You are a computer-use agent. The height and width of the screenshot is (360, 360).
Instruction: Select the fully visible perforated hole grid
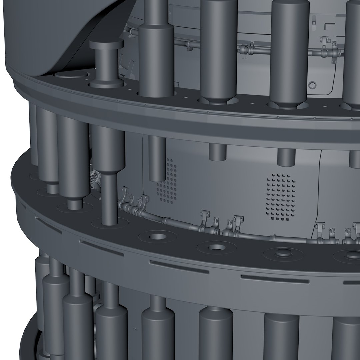281,197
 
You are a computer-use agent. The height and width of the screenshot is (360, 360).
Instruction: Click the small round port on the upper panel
312,86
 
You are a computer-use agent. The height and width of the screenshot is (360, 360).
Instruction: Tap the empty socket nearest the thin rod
156,237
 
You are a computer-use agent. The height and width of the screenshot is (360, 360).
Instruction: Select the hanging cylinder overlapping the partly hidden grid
157,158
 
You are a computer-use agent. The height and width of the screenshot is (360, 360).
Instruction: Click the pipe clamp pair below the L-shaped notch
328,50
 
